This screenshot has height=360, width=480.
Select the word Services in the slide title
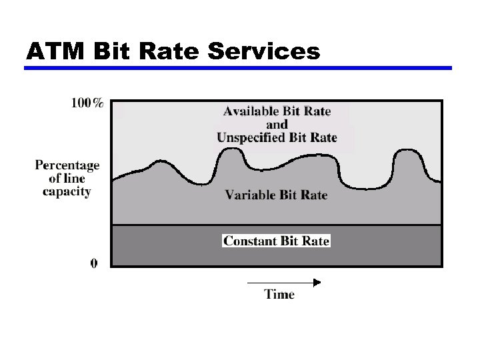click(265, 51)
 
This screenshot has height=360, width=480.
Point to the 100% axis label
click(87, 103)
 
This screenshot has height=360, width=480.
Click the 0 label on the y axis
click(94, 263)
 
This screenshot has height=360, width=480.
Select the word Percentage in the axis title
click(67, 165)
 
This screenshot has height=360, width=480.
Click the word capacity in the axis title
click(67, 191)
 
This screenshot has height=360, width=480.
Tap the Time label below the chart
click(279, 294)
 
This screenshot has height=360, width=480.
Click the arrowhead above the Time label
click(317, 282)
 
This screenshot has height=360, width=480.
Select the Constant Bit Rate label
click(276, 241)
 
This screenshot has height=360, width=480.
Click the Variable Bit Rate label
click(276, 195)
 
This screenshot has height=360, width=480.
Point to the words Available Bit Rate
click(277, 111)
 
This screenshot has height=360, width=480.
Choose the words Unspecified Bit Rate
click(277, 138)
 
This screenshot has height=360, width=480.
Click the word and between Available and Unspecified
click(277, 125)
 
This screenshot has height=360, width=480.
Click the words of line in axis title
click(67, 178)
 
